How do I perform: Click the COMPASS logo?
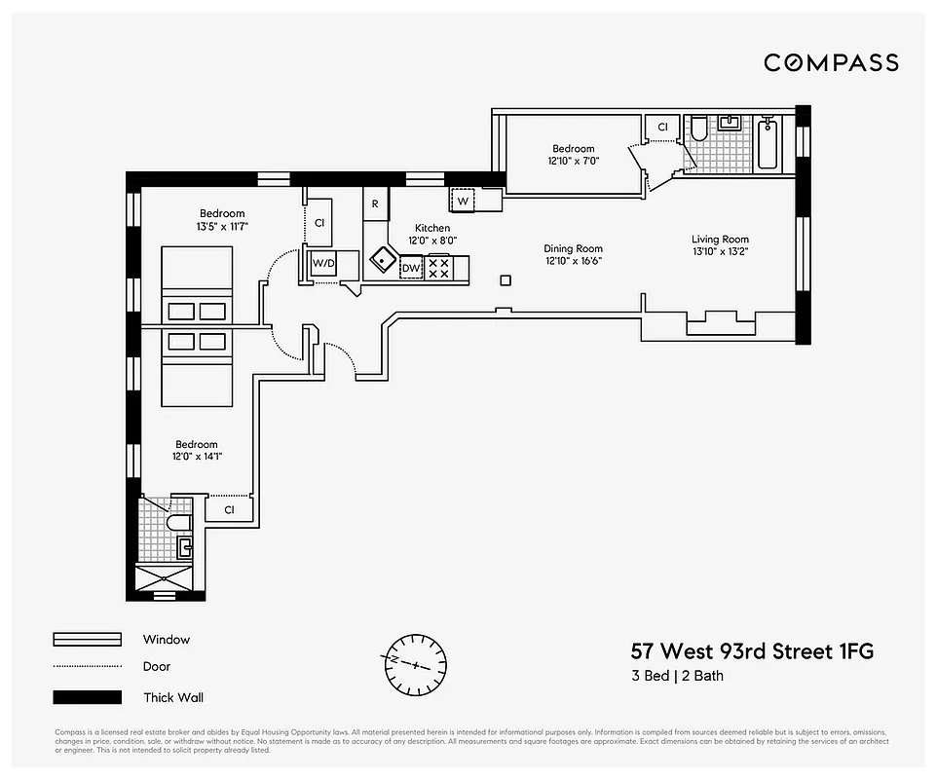pyautogui.click(x=831, y=63)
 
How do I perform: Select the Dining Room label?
pyautogui.click(x=573, y=248)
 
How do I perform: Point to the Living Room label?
pyautogui.click(x=720, y=240)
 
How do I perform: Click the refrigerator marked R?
pyautogui.click(x=375, y=204)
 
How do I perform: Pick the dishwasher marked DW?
pyautogui.click(x=411, y=268)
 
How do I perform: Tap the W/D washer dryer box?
pyautogui.click(x=323, y=263)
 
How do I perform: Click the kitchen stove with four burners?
pyautogui.click(x=439, y=268)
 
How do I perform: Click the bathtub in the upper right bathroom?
pyautogui.click(x=768, y=143)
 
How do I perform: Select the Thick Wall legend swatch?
pyautogui.click(x=88, y=697)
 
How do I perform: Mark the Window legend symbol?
pyautogui.click(x=88, y=640)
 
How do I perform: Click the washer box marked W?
pyautogui.click(x=463, y=201)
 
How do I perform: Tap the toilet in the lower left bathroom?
pyautogui.click(x=178, y=524)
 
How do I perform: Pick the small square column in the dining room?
pyautogui.click(x=505, y=281)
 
